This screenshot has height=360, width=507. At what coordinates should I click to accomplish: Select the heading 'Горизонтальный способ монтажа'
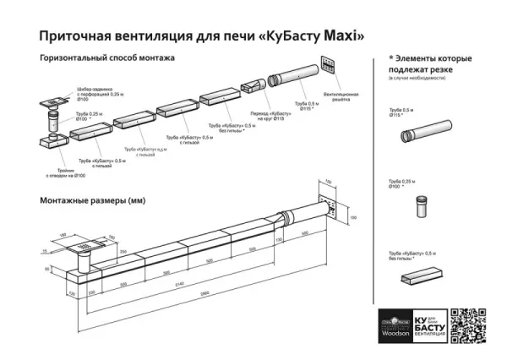[107, 59]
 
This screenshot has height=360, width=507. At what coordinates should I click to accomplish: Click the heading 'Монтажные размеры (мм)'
[93, 200]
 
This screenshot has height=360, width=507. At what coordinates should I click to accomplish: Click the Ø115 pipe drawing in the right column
[426, 134]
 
